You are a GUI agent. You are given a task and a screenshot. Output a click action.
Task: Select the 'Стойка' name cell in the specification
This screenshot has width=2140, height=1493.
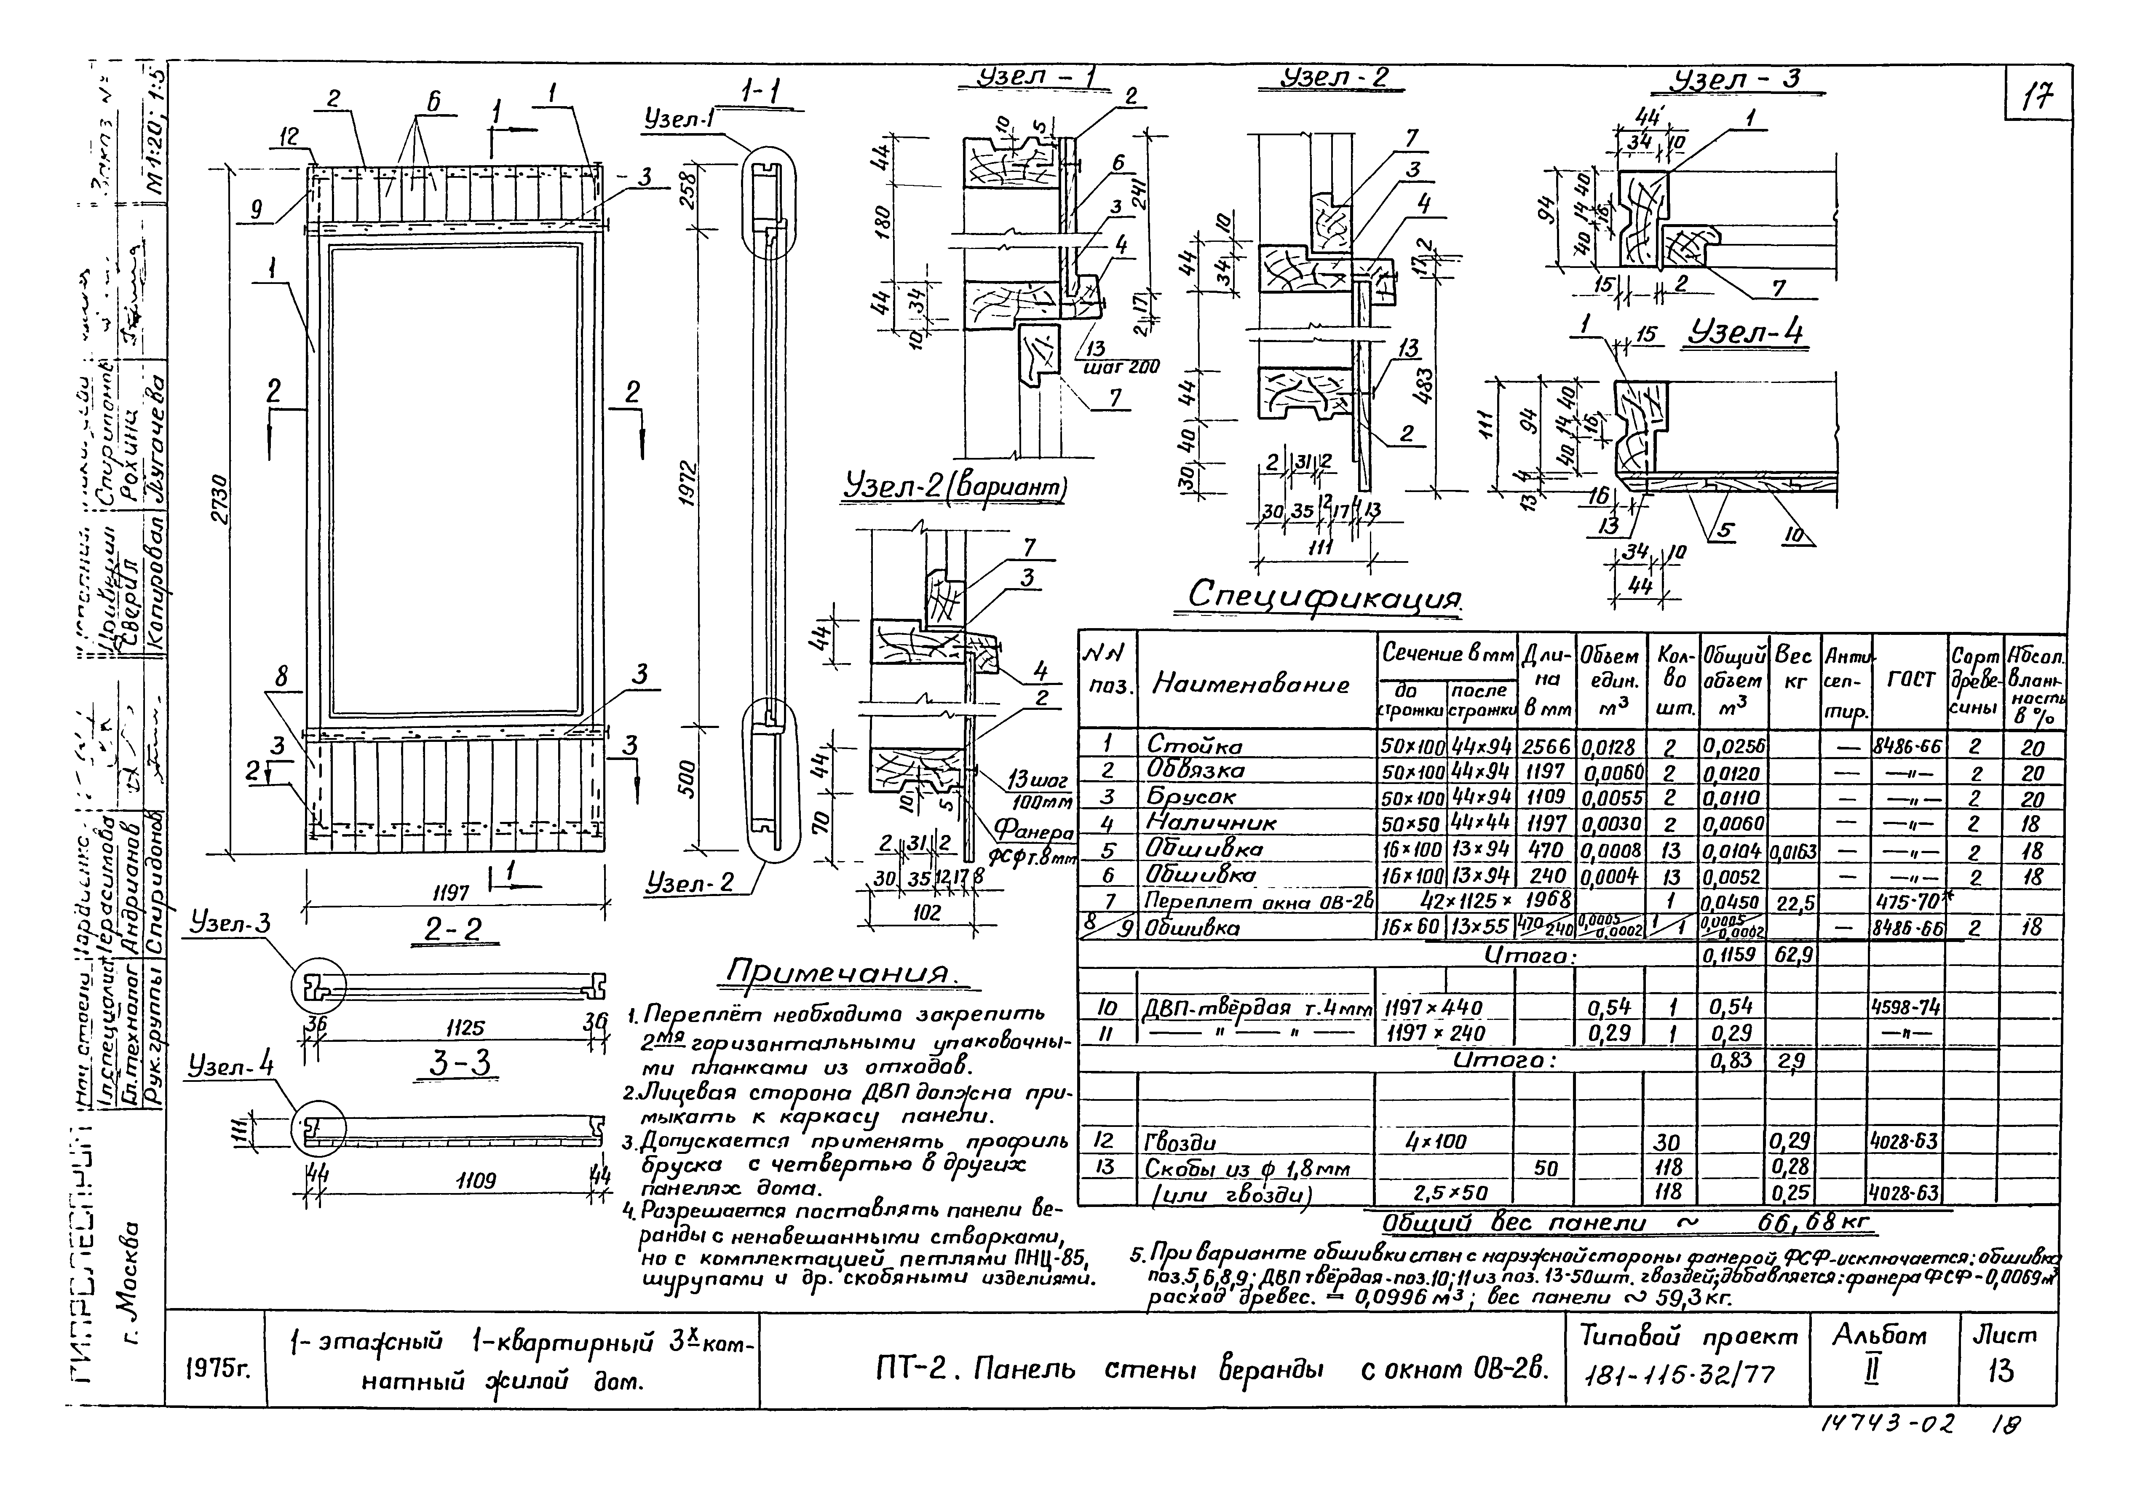(x=1182, y=746)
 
